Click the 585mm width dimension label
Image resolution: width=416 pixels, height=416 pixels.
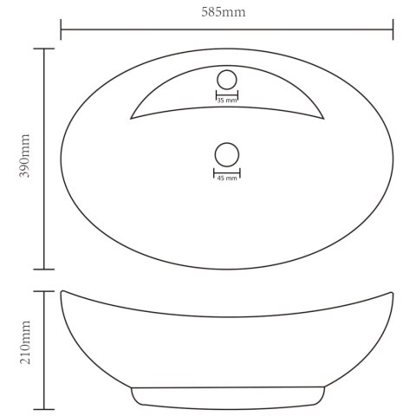click(x=224, y=12)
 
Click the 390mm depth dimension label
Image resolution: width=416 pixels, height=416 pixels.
click(x=25, y=156)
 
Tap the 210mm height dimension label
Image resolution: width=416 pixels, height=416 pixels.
click(x=25, y=342)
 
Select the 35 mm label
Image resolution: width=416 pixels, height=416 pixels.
click(x=227, y=101)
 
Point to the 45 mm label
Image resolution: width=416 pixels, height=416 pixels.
click(x=227, y=179)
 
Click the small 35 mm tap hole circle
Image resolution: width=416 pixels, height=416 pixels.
click(x=227, y=80)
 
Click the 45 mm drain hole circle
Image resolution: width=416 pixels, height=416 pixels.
click(x=227, y=154)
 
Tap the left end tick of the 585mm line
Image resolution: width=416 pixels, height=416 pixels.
click(x=61, y=29)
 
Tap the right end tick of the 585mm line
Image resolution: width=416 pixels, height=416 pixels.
click(x=393, y=29)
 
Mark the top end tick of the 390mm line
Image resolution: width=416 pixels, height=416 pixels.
click(x=44, y=49)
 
